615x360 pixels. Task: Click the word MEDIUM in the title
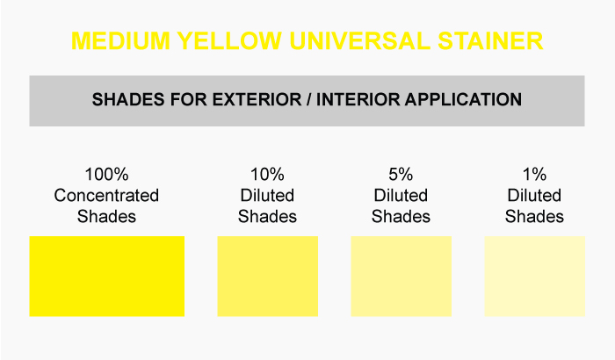pos(121,40)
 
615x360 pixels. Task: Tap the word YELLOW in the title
pos(229,40)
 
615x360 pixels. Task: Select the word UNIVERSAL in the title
pos(359,40)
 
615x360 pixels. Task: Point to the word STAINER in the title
pos(490,40)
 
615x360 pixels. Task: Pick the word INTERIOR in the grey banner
pos(358,99)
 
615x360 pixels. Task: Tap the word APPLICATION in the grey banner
pos(463,99)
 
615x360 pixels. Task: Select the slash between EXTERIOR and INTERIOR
pos(309,99)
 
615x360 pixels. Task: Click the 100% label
pos(106,175)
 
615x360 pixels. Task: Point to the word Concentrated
pos(106,195)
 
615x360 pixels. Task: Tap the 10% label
pos(267,175)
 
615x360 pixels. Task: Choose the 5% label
pos(401,175)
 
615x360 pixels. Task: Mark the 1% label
pos(534,175)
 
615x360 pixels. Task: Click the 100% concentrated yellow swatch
pos(106,276)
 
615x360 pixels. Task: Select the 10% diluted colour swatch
pos(267,276)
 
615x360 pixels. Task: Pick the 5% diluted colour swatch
pos(402,276)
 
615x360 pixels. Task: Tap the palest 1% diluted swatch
pos(534,276)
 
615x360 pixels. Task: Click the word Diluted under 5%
pos(401,195)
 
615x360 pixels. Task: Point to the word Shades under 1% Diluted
pos(534,217)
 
